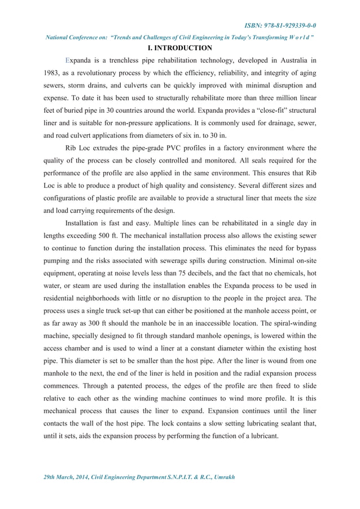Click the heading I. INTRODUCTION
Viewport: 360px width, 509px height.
click(x=179, y=48)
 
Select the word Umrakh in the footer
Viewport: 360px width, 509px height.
click(x=221, y=477)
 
